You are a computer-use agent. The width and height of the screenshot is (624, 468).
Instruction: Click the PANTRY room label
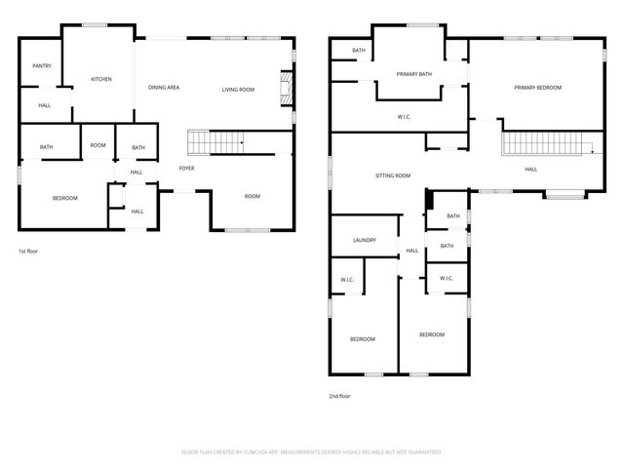pos(42,66)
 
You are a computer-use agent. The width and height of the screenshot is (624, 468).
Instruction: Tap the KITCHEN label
pos(101,79)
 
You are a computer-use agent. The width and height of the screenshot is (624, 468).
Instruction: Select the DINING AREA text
pos(164,89)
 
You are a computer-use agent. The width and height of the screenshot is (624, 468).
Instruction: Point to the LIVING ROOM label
pos(238,90)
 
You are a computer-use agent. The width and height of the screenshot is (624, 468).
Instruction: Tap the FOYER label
pos(186,169)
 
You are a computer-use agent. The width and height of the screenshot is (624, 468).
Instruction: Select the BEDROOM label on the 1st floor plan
pos(65,199)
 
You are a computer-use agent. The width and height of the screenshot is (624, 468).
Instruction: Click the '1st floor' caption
pos(28,252)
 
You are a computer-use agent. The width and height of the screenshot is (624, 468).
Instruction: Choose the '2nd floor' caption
pos(339,396)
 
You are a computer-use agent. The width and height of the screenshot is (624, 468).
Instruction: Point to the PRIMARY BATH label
pos(413,74)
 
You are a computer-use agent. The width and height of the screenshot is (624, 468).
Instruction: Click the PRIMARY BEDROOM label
pos(538,89)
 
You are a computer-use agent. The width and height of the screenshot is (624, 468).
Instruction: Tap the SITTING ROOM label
pos(393,176)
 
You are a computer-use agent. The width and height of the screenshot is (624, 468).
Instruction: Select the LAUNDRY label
pos(365,240)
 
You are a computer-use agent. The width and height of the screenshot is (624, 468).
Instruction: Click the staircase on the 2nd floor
pos(546,145)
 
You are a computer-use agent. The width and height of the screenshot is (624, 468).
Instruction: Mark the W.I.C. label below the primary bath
pos(405,118)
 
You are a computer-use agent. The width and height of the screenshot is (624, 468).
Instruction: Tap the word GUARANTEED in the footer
pos(420,452)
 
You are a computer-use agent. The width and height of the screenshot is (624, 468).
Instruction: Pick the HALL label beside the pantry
pos(45,105)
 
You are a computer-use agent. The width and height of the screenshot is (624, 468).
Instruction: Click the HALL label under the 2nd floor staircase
pos(531,170)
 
